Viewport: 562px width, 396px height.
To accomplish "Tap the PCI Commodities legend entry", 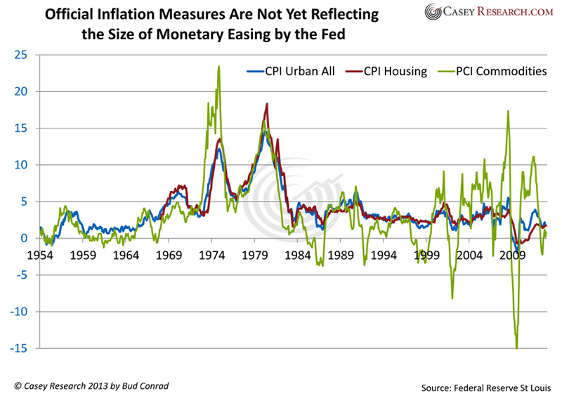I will (492, 71).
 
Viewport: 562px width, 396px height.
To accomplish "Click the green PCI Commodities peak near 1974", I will (219, 67).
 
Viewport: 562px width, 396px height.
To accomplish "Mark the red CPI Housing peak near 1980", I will (267, 104).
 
